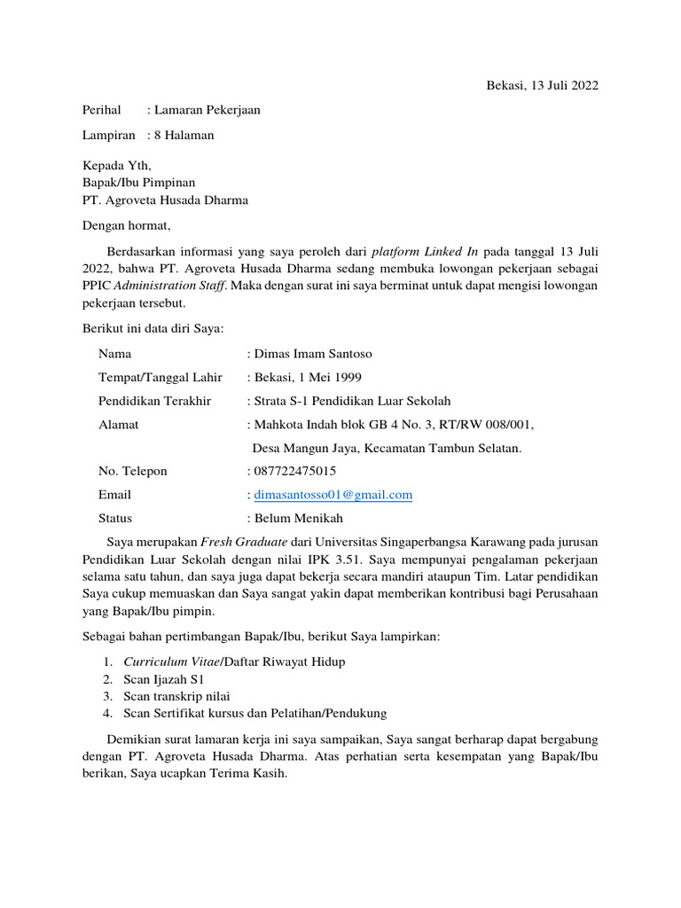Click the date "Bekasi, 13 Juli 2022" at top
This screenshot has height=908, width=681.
click(x=542, y=86)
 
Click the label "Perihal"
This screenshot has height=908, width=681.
click(x=101, y=110)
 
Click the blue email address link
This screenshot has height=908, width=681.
click(x=333, y=495)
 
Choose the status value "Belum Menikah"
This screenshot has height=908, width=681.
click(x=298, y=518)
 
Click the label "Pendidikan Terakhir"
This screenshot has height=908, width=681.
click(x=155, y=401)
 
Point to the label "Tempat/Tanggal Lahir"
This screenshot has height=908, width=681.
click(x=160, y=377)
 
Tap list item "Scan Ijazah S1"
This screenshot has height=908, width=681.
click(x=165, y=679)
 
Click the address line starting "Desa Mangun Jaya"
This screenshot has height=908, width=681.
click(x=387, y=448)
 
